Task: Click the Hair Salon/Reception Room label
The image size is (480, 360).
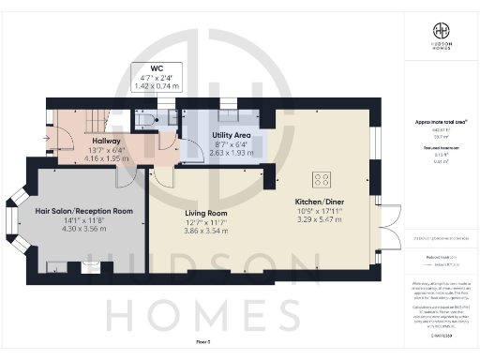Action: pos(83,211)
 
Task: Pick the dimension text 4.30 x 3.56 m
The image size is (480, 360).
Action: pos(83,230)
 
